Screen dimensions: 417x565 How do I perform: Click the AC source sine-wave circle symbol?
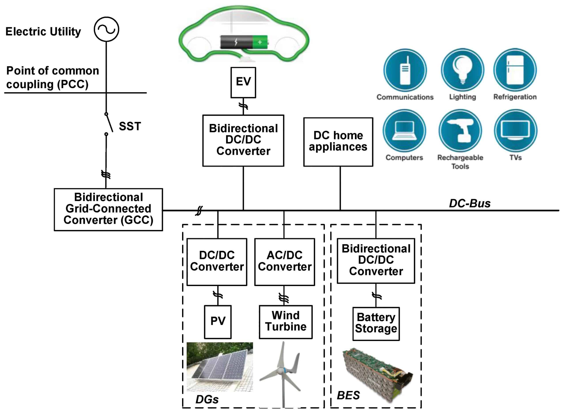pyautogui.click(x=106, y=29)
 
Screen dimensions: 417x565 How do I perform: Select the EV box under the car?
pyautogui.click(x=244, y=83)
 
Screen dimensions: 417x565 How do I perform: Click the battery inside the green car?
pyautogui.click(x=244, y=42)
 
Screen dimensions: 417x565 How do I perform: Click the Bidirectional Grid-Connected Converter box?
pyautogui.click(x=108, y=210)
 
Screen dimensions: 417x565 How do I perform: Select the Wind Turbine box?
pyautogui.click(x=286, y=322)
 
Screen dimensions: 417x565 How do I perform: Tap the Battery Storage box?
pyautogui.click(x=377, y=324)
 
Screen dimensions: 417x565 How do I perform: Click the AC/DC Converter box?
pyautogui.click(x=285, y=262)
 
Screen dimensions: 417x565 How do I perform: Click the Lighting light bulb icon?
pyautogui.click(x=463, y=70)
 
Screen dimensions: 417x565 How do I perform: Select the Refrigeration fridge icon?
pyautogui.click(x=516, y=70)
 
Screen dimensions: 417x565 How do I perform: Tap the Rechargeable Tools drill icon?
pyautogui.click(x=461, y=131)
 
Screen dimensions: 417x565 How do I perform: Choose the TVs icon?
pyautogui.click(x=516, y=131)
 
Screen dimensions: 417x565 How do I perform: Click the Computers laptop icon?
pyautogui.click(x=405, y=131)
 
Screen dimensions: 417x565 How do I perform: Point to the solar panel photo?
pyautogui.click(x=220, y=367)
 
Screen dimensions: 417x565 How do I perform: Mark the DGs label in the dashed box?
pyautogui.click(x=207, y=400)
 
